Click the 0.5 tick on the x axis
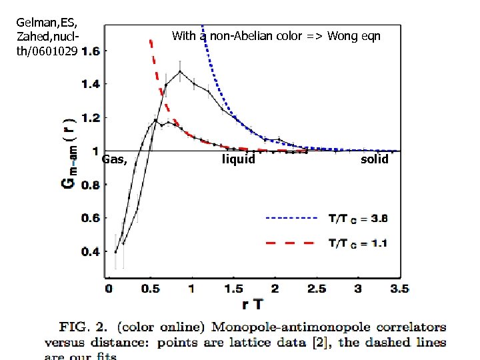151,289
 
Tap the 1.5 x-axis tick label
234,289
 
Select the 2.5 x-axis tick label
317,289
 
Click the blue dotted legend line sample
291,218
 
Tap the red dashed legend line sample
291,243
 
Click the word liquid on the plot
238,159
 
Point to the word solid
374,159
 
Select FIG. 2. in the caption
85,327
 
